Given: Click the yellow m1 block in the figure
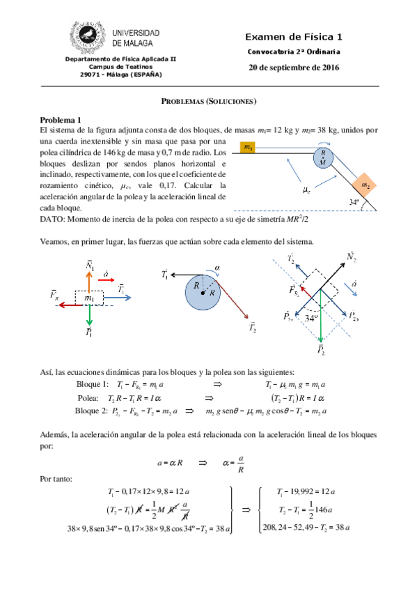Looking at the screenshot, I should [x=247, y=147].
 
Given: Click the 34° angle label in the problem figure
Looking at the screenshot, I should [x=357, y=203].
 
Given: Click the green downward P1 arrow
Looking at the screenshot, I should [x=90, y=318].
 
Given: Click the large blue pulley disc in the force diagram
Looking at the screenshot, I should [x=203, y=292].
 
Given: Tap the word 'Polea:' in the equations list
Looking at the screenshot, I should [x=92, y=398].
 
